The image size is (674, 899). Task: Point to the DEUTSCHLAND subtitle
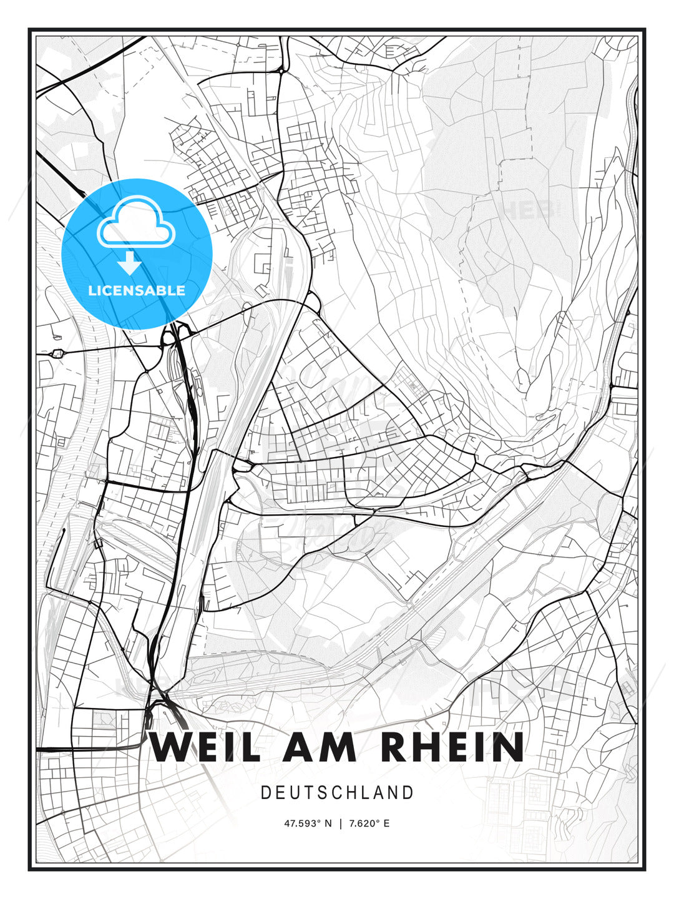337,793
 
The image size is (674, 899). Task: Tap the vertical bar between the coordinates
340,823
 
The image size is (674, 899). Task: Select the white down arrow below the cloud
130,263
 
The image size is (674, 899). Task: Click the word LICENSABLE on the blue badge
137,290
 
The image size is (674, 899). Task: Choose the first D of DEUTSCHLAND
266,793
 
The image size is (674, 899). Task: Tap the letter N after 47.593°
329,823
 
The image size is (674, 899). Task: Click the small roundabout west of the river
59,353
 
